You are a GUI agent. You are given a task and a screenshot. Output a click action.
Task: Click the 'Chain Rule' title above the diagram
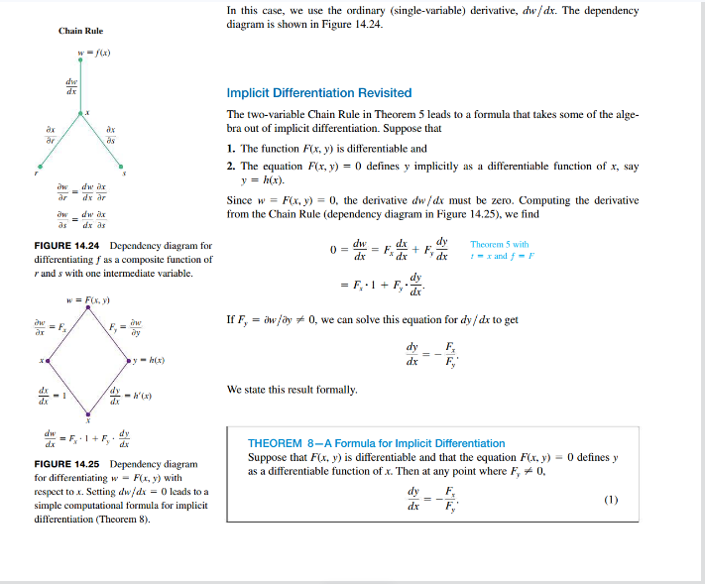pyautogui.click(x=80, y=31)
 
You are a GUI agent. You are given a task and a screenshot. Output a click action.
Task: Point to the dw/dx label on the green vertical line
pyautogui.click(x=71, y=85)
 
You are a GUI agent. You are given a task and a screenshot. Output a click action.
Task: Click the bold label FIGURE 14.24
pyautogui.click(x=68, y=245)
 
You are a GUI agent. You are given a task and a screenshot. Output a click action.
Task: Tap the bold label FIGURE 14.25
pyautogui.click(x=68, y=464)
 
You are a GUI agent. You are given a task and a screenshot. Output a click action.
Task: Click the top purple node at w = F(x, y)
pyautogui.click(x=87, y=308)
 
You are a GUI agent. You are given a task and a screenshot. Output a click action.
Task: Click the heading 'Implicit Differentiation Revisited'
pyautogui.click(x=318, y=92)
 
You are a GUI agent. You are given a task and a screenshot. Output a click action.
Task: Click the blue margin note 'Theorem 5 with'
pyautogui.click(x=499, y=244)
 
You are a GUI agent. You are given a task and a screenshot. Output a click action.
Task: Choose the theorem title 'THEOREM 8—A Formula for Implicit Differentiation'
pyautogui.click(x=376, y=443)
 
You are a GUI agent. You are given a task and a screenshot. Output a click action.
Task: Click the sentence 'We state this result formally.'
pyautogui.click(x=293, y=390)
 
